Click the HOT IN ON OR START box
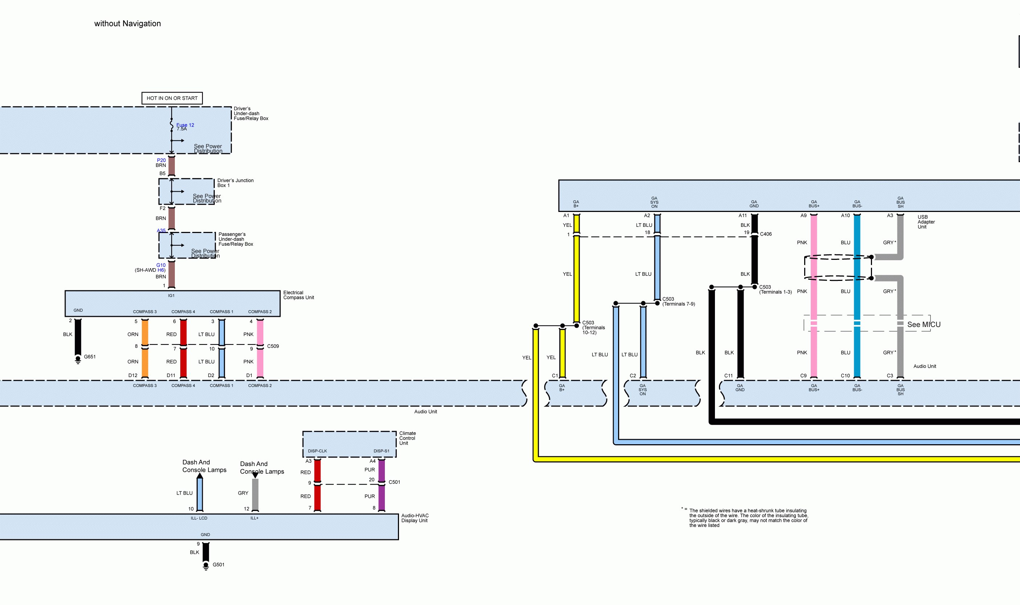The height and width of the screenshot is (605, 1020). point(172,98)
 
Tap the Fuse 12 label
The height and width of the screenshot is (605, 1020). point(185,125)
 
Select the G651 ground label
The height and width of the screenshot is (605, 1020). point(90,357)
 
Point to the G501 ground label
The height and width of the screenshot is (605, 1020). point(218,565)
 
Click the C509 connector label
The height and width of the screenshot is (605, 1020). point(273,346)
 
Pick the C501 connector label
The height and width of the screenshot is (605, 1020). point(394,482)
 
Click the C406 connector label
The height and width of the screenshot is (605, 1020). point(766,234)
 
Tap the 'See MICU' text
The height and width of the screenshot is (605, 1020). point(924,324)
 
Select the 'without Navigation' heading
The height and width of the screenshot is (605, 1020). point(128,24)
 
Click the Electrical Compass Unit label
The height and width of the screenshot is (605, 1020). point(299,295)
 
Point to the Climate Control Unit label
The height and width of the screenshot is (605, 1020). point(407,438)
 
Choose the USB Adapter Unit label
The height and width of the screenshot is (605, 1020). point(926,222)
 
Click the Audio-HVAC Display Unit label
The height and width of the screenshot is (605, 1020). point(415,518)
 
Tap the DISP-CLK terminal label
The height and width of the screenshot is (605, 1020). point(317,451)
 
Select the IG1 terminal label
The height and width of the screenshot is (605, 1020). point(171,295)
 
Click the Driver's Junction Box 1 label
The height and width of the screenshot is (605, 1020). point(235,183)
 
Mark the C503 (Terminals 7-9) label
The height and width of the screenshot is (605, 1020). point(678,301)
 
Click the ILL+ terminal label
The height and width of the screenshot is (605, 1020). point(254,518)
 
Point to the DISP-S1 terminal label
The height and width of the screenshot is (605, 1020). point(381,451)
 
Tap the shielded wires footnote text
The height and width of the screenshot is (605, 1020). point(748,518)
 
